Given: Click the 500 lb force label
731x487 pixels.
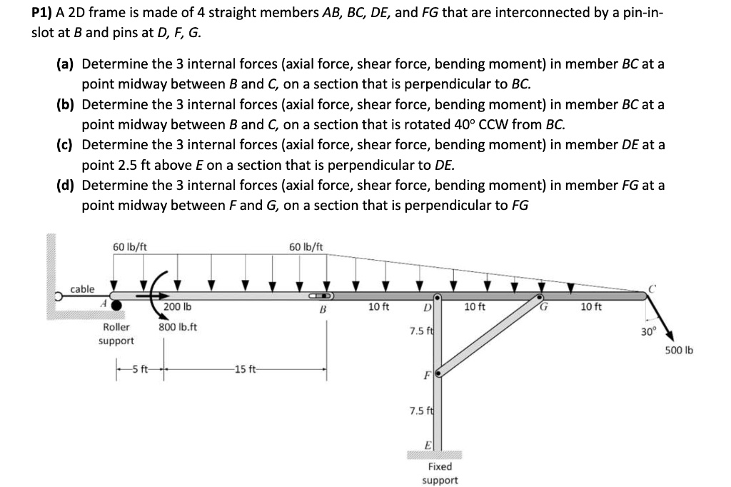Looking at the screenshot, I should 678,350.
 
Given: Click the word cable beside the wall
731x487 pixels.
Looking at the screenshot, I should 82,288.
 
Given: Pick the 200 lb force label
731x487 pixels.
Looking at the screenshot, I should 178,307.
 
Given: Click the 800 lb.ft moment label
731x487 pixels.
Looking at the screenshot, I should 178,327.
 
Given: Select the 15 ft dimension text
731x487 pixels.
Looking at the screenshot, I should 246,369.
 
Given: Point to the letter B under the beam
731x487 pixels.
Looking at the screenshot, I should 323,310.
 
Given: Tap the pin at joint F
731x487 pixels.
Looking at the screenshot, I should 438,372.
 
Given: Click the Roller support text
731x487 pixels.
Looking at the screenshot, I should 116,333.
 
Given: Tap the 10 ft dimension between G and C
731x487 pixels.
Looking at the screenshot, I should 590,307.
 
